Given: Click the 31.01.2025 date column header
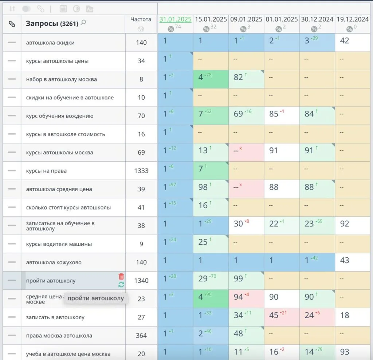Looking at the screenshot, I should coord(175,19).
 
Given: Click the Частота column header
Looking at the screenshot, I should coord(141,19).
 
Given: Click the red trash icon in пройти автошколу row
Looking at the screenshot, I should coord(121,277).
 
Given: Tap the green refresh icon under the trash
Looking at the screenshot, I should coord(121,285).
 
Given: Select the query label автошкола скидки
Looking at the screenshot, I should coord(50,43).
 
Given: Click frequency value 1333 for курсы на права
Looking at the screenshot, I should coord(141,171).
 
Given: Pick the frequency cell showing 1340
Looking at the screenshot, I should coord(141,280).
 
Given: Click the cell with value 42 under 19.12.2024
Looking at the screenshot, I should coord(344,40).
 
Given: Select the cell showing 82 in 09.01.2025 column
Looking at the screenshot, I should coord(239,77).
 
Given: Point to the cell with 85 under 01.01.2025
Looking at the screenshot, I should coord(274,114).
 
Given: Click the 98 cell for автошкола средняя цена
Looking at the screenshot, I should coord(203,187).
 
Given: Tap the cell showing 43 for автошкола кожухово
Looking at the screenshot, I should coord(344,260).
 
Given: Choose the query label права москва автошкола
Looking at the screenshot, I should coord(59,336).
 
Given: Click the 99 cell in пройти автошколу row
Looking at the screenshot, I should coord(239,278).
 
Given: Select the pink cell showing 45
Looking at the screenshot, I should coord(274,315).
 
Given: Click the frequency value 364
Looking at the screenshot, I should coord(141,336).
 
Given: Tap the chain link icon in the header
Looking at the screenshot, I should coord(12,24).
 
